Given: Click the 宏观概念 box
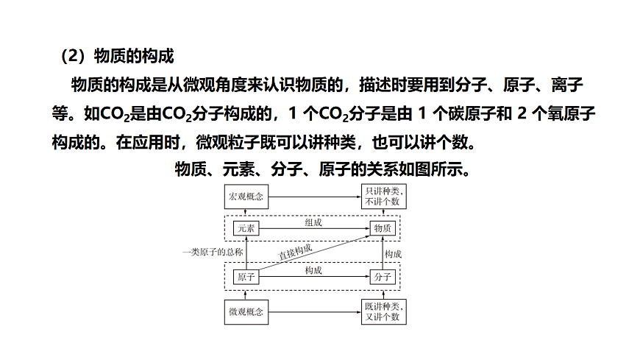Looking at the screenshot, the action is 246,197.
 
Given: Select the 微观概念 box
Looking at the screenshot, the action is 246,312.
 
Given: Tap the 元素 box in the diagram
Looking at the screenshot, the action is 246,228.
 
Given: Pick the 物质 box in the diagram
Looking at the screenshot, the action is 383,228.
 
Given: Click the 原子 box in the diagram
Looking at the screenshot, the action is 246,277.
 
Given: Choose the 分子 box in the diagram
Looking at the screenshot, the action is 383,277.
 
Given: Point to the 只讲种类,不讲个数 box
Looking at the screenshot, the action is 384,197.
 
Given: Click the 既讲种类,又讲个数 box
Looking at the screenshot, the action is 384,312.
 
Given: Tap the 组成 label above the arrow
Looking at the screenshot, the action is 313,222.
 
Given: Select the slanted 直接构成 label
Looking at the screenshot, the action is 295,251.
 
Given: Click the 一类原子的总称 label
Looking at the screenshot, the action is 213,252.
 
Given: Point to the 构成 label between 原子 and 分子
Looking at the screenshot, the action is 313,270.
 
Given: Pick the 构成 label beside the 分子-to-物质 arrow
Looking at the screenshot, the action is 393,254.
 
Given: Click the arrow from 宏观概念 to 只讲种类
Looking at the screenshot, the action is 315,197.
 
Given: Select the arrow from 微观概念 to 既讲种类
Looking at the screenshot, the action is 315,312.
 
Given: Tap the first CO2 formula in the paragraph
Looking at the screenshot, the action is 114,114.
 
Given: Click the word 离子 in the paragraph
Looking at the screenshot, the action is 567,85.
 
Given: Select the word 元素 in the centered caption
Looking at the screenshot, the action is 238,169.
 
